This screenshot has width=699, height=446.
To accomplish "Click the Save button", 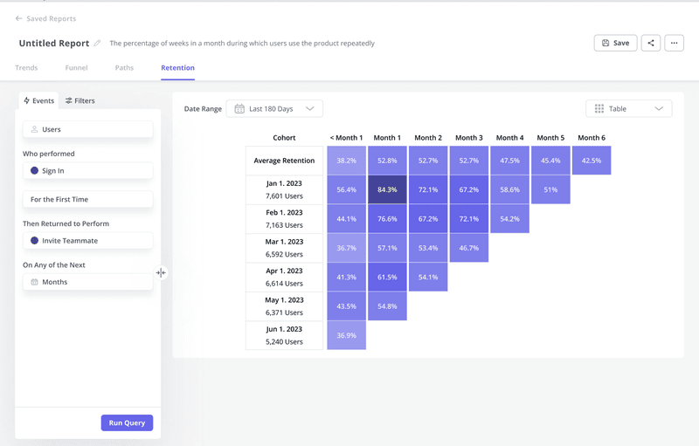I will tap(615, 43).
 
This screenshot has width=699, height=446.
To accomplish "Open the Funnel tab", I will tap(76, 68).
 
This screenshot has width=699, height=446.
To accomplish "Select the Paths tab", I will tap(124, 68).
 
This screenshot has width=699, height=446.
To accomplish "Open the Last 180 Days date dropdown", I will tap(274, 109).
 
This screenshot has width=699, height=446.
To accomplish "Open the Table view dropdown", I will tap(628, 109).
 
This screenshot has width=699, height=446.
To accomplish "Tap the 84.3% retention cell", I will tap(387, 189).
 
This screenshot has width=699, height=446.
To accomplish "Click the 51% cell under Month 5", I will tap(550, 189).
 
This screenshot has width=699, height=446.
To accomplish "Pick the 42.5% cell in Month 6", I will tap(592, 161).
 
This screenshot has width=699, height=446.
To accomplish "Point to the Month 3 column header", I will tap(468, 138).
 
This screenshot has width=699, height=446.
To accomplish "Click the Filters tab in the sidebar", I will tap(80, 101).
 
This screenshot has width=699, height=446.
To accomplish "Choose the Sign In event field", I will tap(87, 171).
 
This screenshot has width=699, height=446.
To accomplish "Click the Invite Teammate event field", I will tap(87, 241).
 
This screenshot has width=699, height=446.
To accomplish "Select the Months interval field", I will tap(87, 282).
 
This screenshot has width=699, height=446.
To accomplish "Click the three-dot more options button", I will tap(674, 43).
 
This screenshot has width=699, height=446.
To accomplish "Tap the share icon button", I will tap(650, 43).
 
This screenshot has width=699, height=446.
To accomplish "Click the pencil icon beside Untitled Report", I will tap(98, 44).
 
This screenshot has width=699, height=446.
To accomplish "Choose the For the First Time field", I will tap(87, 200).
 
